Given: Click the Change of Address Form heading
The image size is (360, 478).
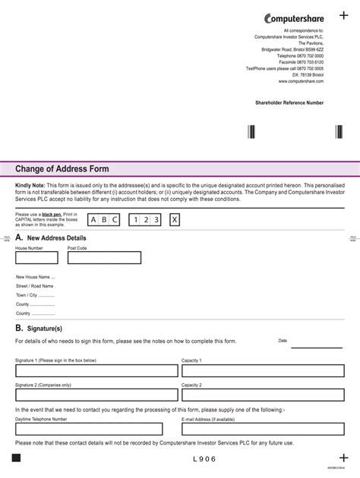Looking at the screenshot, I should coord(62,168).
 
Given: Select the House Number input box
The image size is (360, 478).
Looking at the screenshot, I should coord(38,258).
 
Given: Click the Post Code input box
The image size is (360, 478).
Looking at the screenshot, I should coord(104,258).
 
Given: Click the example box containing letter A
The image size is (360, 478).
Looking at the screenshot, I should coord(95,220).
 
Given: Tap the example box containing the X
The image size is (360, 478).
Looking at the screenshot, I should coord(175,220).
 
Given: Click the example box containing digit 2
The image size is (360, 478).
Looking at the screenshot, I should coord(144,220).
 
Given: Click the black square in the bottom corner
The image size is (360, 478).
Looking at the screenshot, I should coord(18,459).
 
